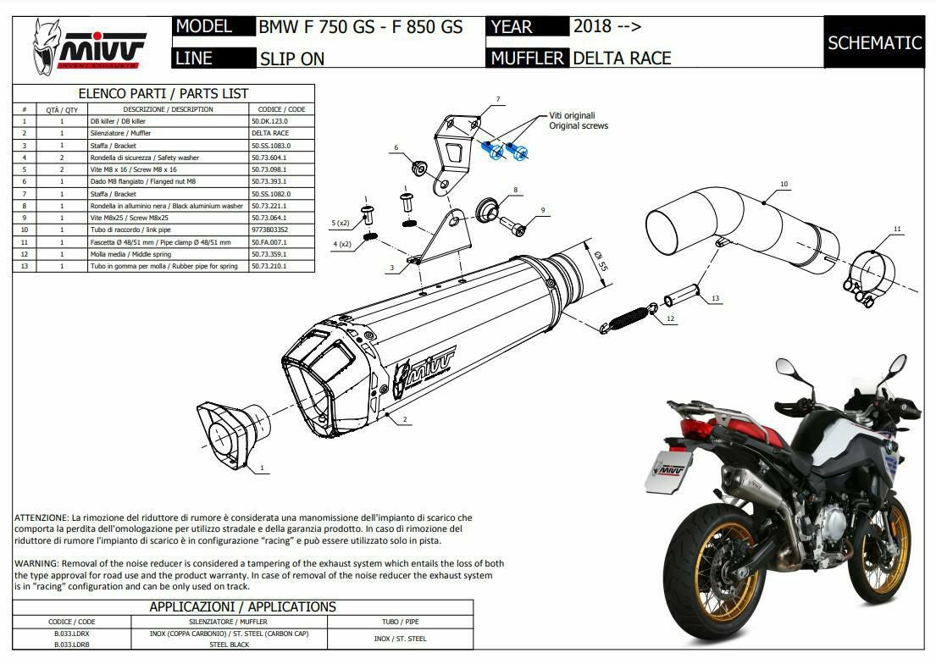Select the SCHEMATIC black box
[874, 42]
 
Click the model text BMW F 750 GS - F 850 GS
[360, 27]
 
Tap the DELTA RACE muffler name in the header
[622, 58]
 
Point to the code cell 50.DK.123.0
[271, 121]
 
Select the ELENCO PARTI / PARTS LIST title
[163, 93]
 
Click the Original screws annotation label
[579, 125]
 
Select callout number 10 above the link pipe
[784, 184]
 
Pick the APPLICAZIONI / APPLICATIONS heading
[242, 606]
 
